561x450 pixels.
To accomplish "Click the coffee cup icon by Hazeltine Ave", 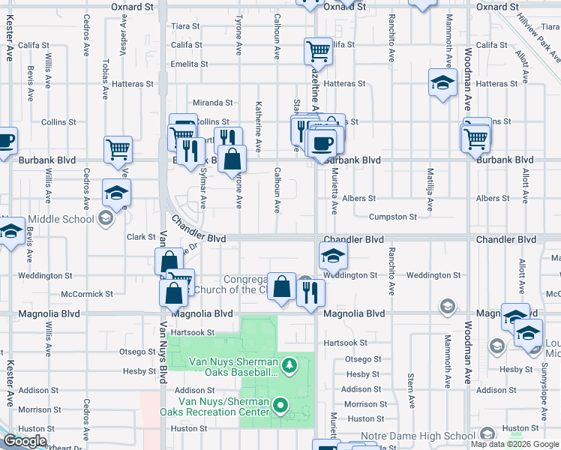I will [x=323, y=142].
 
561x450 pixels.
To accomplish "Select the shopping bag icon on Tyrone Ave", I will [x=233, y=158].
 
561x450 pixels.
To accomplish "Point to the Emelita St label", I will [x=189, y=64].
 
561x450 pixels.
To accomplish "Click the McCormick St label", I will [x=87, y=294].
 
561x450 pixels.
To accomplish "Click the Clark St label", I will [x=141, y=237].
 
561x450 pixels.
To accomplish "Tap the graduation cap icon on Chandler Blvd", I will [x=333, y=256].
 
